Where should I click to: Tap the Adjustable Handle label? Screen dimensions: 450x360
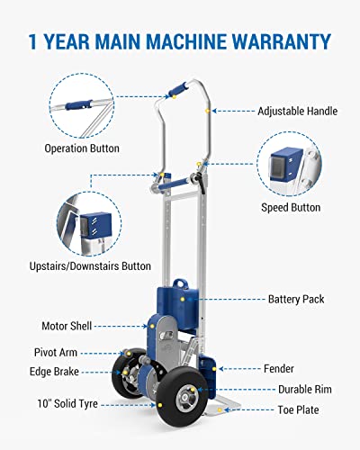click(x=298, y=112)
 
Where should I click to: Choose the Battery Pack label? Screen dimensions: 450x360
click(x=297, y=299)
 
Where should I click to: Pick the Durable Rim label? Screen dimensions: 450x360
click(x=302, y=389)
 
